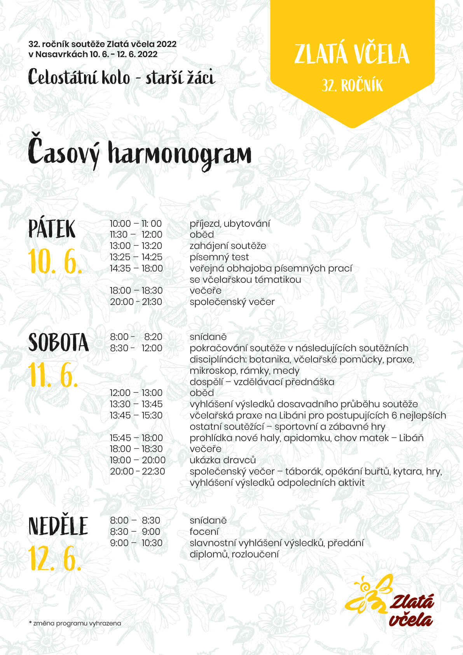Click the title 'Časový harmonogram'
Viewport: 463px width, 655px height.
140,154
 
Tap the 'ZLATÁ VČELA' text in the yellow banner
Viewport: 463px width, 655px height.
352,54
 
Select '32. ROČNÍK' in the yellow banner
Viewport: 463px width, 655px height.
352,86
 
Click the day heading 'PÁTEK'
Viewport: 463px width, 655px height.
52,229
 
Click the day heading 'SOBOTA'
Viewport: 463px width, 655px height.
58,342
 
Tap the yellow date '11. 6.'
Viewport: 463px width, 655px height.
53,376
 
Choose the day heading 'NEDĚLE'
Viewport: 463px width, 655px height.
58,526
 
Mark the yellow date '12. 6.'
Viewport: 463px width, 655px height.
55,559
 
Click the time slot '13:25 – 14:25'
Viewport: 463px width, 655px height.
136,257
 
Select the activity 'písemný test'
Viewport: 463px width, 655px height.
219,257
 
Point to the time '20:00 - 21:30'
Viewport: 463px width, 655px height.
136,302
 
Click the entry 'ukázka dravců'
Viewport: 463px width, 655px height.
223,460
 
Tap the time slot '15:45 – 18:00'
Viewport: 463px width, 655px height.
136,438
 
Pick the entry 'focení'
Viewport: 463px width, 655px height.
204,532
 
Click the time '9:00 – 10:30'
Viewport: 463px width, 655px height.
136,543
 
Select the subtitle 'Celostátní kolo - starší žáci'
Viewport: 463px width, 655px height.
121,77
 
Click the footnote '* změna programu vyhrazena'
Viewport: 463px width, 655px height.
75,623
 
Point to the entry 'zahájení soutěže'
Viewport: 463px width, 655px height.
228,246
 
